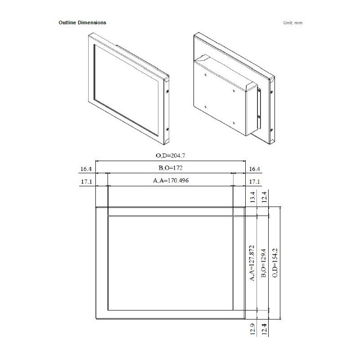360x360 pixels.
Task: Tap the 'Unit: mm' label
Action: pyautogui.click(x=292, y=22)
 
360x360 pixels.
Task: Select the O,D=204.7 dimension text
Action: pyautogui.click(x=171, y=156)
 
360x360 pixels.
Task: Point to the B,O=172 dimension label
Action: pyautogui.click(x=171, y=168)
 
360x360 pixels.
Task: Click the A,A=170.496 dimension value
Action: pyautogui.click(x=171, y=181)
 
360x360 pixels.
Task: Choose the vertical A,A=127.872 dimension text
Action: pyautogui.click(x=252, y=263)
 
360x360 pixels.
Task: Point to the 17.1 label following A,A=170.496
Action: pyautogui.click(x=254, y=182)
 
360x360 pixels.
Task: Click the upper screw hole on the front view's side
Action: pyautogui.click(x=168, y=92)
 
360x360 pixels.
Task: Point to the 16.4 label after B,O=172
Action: pyautogui.click(x=254, y=169)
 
